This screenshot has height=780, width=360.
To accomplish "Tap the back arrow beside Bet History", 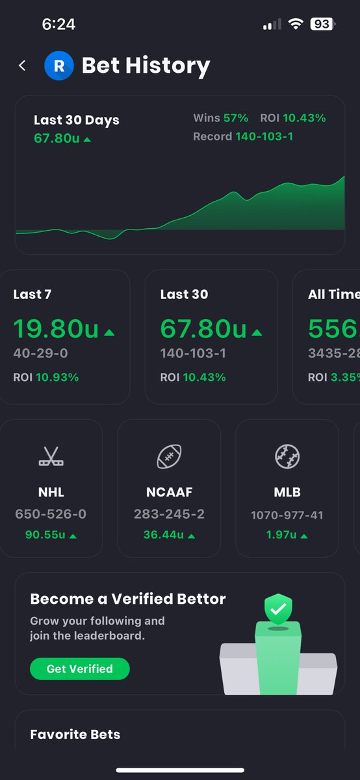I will click(x=23, y=66).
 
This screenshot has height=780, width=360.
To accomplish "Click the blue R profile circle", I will click(x=59, y=66).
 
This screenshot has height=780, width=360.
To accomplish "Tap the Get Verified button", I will click(x=79, y=668).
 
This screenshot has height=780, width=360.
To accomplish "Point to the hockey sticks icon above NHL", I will click(x=51, y=457).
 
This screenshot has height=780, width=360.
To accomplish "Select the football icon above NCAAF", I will click(x=169, y=457).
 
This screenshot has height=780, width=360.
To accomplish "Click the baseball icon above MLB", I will click(x=287, y=457).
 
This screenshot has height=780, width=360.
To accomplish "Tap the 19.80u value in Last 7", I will click(x=56, y=329).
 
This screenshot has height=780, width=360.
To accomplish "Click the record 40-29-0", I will click(x=40, y=354).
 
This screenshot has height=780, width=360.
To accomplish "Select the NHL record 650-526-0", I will click(x=51, y=514).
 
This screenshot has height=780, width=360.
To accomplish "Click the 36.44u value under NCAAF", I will click(x=164, y=535).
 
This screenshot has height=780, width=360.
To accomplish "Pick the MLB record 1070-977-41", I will click(x=287, y=515).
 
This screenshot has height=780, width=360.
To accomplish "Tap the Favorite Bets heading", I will click(x=75, y=734).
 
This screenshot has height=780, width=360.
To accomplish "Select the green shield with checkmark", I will click(x=277, y=610).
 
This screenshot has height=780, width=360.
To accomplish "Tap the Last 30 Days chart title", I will click(x=77, y=120).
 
